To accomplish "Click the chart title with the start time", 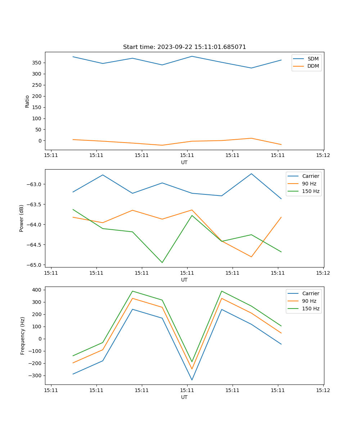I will pyautogui.click(x=184, y=47).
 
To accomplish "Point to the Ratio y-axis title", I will pyautogui.click(x=27, y=101).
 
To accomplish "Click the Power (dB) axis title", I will pyautogui.click(x=22, y=218).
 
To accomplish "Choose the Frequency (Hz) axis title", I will pyautogui.click(x=22, y=336).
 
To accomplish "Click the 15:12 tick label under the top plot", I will pyautogui.click(x=323, y=156).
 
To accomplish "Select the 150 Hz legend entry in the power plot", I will pyautogui.click(x=311, y=191).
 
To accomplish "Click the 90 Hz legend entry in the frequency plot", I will pyautogui.click(x=309, y=301).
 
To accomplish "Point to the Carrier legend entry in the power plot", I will pyautogui.click(x=310, y=176).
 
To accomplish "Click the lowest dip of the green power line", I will pyautogui.click(x=162, y=262).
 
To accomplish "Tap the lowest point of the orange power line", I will pyautogui.click(x=251, y=257).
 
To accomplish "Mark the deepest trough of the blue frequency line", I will pyautogui.click(x=192, y=380).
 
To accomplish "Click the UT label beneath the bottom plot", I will pyautogui.click(x=184, y=397).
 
